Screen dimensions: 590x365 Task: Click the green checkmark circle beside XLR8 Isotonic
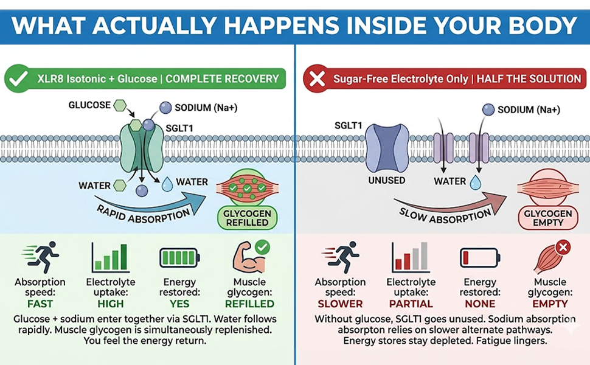coord(17,78)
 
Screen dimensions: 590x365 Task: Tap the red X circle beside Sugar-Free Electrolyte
coord(316,78)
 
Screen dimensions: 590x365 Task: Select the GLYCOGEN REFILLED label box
coord(247,218)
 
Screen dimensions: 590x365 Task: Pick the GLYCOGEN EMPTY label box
coord(548,218)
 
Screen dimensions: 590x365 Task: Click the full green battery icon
coord(179,258)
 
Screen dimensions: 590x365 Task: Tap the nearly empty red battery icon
coord(480,258)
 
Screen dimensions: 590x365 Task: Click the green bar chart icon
coord(111,257)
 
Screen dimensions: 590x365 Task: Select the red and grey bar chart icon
coord(411,257)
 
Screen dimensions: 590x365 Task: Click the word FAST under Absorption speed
coord(40,304)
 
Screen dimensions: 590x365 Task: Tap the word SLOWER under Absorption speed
coord(340,304)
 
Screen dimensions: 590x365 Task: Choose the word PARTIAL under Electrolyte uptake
coord(411,304)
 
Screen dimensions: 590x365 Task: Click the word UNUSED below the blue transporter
coord(386,181)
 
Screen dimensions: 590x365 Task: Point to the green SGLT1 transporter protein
coord(142,148)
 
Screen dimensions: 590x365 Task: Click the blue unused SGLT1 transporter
coord(387,148)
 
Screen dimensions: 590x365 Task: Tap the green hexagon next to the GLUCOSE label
coord(120,105)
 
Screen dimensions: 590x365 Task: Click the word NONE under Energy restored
coord(480,304)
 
